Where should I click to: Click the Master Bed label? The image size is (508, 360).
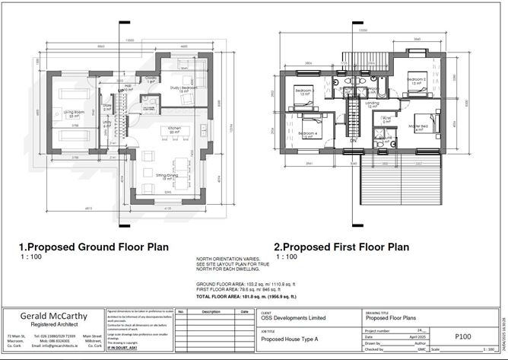tap(419, 127)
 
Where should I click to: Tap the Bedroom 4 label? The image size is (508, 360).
tap(307, 135)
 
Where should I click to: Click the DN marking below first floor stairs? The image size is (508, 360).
tap(354, 141)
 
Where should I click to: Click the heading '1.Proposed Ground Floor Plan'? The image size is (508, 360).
tap(93, 247)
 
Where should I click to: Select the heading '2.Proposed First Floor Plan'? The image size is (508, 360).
tap(341, 247)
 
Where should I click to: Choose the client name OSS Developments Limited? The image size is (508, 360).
tap(294, 318)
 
